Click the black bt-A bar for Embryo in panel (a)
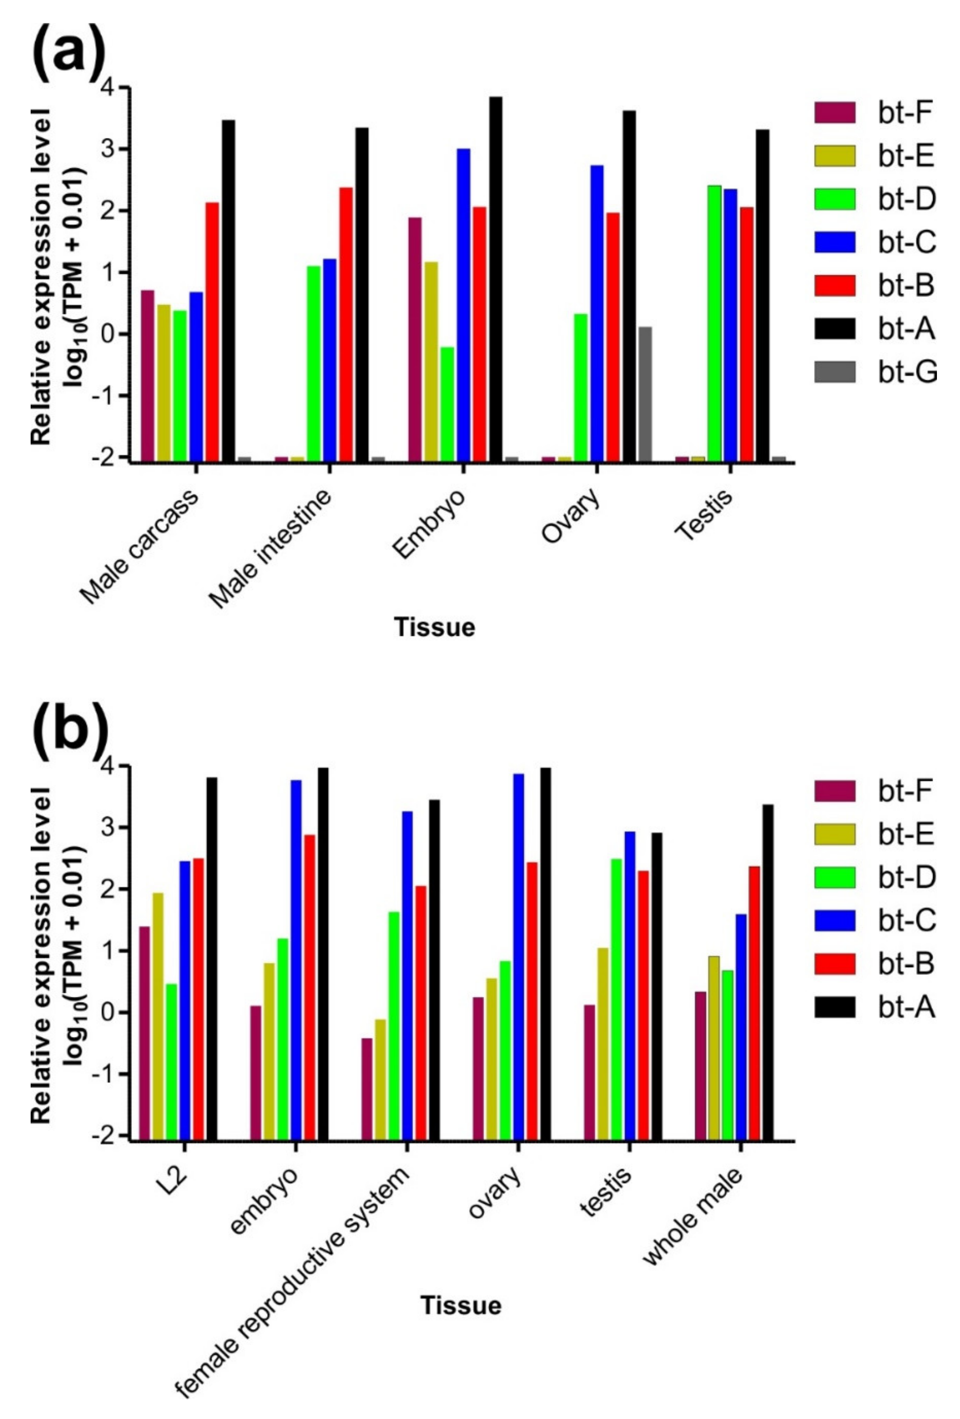pos(496,278)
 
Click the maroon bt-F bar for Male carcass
pos(147,376)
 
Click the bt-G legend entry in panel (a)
pos(874,372)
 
